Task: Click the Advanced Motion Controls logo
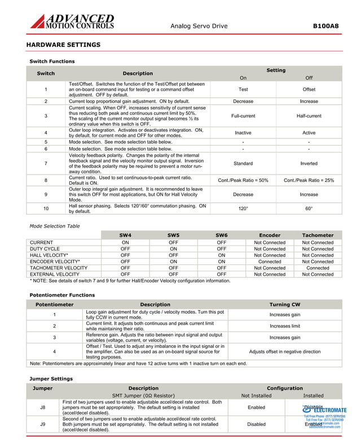pyautogui.click(x=72, y=22)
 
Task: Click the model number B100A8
pyautogui.click(x=326, y=26)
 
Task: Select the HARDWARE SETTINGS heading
pyautogui.click(x=63, y=45)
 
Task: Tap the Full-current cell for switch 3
pyautogui.click(x=243, y=116)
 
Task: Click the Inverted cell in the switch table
pyautogui.click(x=309, y=163)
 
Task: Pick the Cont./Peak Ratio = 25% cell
pyautogui.click(x=309, y=180)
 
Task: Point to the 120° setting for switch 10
pyautogui.click(x=243, y=208)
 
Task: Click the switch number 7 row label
pyautogui.click(x=46, y=163)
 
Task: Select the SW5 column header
pyautogui.click(x=173, y=235)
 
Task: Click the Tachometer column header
pyautogui.click(x=318, y=235)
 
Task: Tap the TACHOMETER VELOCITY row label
pyautogui.click(x=58, y=268)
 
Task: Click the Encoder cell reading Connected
pyautogui.click(x=270, y=262)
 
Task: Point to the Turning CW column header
pyautogui.click(x=284, y=304)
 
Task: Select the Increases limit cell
pyautogui.click(x=284, y=326)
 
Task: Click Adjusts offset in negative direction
pyautogui.click(x=284, y=351)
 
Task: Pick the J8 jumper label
pyautogui.click(x=43, y=407)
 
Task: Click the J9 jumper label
pyautogui.click(x=43, y=424)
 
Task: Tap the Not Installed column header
pyautogui.click(x=256, y=396)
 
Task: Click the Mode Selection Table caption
pyautogui.click(x=54, y=226)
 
